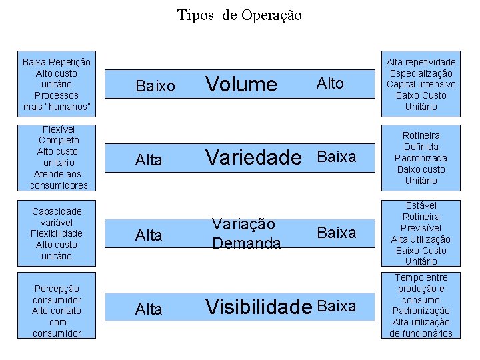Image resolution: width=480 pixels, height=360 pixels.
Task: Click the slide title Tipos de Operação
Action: (239, 15)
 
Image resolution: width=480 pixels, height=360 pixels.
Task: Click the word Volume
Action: (241, 84)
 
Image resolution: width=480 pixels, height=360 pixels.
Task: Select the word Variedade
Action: (253, 157)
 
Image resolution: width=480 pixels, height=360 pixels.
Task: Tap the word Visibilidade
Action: (259, 307)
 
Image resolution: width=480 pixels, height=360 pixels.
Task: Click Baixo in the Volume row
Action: (155, 86)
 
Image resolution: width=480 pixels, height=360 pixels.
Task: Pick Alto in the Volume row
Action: (330, 83)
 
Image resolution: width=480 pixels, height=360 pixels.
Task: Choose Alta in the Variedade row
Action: (149, 160)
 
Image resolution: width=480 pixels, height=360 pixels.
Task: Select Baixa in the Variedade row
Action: (337, 157)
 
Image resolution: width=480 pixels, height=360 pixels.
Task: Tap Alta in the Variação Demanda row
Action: (149, 235)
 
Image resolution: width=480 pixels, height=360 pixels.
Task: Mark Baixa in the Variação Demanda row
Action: (337, 233)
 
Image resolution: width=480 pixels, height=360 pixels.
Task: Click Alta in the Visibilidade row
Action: (149, 309)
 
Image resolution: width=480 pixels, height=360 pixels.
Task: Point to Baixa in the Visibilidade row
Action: (337, 306)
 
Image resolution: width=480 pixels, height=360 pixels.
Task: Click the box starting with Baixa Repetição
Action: (57, 84)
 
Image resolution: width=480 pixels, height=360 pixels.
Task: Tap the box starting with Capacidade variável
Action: (57, 233)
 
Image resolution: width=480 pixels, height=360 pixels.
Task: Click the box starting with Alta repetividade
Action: (421, 84)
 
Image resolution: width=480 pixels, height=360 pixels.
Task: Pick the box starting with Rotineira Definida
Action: (421, 158)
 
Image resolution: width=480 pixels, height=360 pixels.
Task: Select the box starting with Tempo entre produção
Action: (421, 305)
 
